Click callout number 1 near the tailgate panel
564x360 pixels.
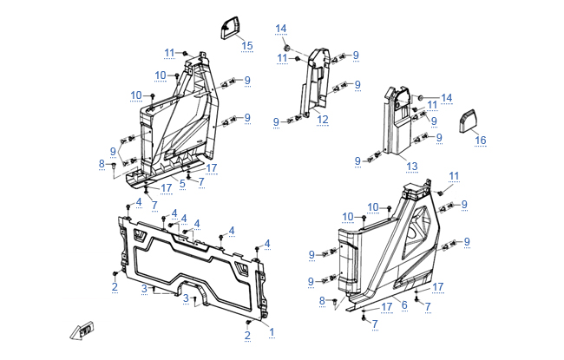272,331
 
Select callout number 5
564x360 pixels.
183,183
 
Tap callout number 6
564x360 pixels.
403,304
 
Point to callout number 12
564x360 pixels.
323,119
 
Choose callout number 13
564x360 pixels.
412,167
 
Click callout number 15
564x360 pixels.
247,45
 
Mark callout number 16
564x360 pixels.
480,141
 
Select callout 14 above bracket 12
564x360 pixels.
281,29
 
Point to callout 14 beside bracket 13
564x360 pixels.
447,97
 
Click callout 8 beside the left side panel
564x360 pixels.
102,163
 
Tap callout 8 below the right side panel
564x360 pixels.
323,300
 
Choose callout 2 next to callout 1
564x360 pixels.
247,335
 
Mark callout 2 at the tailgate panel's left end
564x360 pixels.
115,287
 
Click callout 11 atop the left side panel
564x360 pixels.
170,53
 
